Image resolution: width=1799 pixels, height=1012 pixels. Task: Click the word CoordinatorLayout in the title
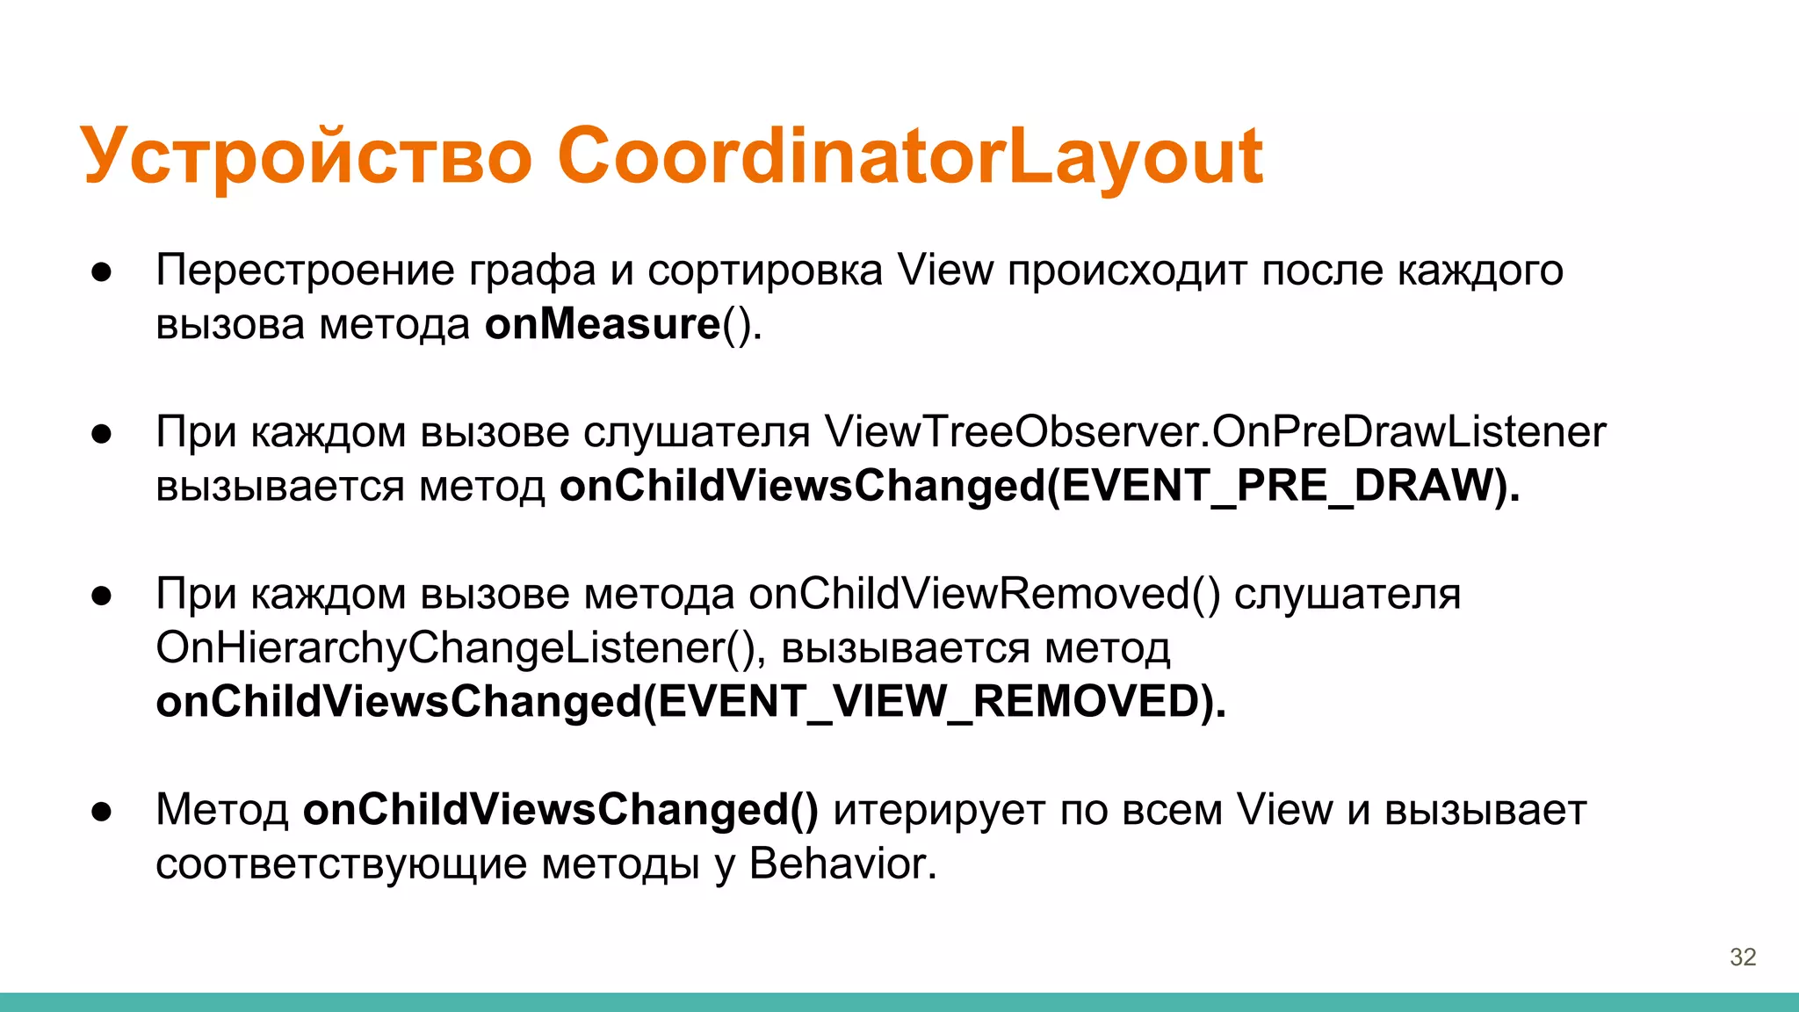coord(909,156)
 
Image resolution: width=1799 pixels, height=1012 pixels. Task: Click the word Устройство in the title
coord(307,156)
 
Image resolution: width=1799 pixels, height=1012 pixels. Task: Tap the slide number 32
coord(1743,957)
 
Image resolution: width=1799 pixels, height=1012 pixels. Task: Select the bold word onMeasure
coord(603,324)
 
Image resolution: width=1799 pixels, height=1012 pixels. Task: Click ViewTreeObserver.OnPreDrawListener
coord(1215,432)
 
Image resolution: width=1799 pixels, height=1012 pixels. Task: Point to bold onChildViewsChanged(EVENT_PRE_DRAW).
coord(1039,486)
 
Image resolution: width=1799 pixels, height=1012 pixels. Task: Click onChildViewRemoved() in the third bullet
coord(984,594)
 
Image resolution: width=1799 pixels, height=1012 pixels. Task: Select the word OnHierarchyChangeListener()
coord(455,648)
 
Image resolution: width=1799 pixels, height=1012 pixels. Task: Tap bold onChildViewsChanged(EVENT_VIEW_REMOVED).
coord(690,702)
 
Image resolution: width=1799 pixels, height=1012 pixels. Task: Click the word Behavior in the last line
coord(842,864)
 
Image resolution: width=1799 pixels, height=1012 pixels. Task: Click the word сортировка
coord(765,270)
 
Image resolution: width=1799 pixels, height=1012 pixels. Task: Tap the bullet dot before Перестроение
coord(102,271)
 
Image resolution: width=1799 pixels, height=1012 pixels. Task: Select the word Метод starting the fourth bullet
coord(221,810)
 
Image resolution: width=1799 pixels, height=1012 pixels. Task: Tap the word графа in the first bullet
coord(532,271)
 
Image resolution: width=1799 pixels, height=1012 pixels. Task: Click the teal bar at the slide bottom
coord(899,1001)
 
